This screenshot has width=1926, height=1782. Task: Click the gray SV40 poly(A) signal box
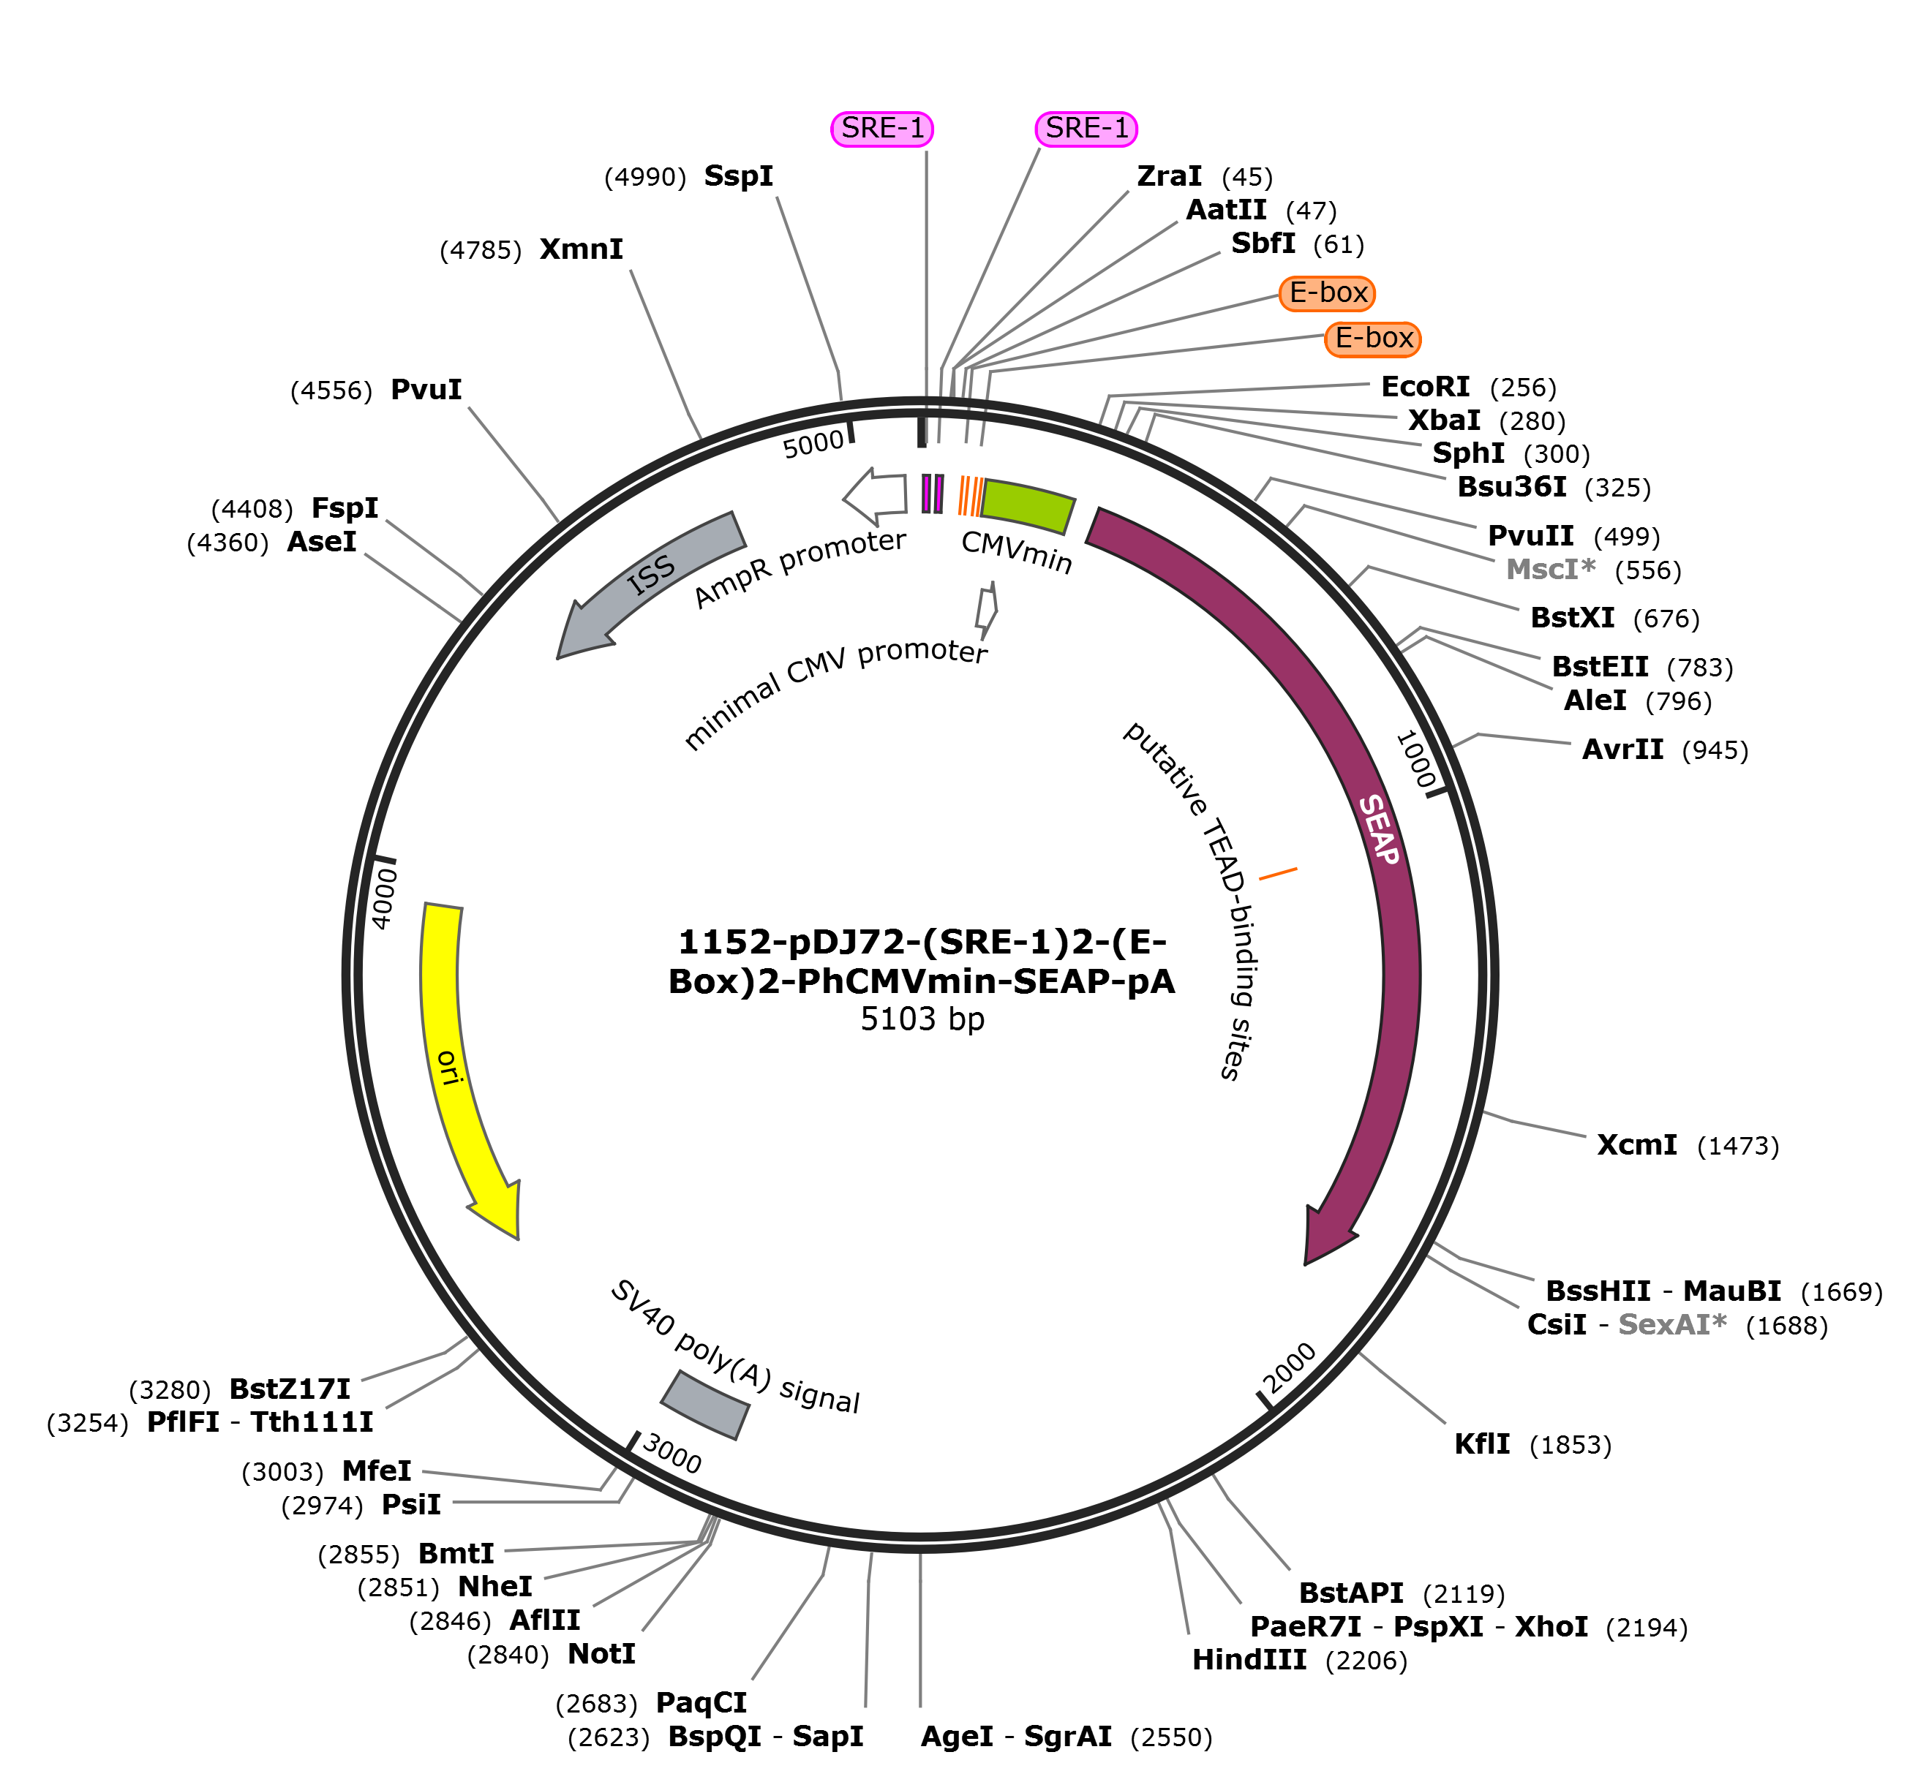point(704,1405)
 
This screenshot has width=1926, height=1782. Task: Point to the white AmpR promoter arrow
point(875,494)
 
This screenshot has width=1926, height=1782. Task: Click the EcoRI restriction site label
point(1426,387)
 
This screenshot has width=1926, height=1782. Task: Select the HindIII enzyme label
point(1249,1660)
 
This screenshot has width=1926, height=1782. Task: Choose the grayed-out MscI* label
point(1550,569)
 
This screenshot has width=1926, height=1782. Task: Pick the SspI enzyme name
point(739,175)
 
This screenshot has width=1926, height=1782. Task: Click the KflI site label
point(1483,1443)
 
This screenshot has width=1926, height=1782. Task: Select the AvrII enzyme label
point(1622,750)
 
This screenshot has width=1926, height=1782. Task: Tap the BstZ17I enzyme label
point(290,1389)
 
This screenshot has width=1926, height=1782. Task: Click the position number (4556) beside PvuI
point(331,390)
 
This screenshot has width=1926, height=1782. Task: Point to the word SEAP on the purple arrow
point(1379,829)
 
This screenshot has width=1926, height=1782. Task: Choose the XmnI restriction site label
point(582,249)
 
